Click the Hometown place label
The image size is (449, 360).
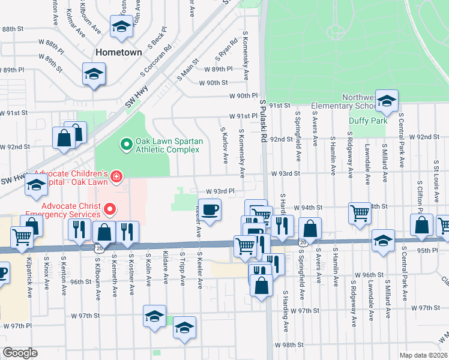click(119, 53)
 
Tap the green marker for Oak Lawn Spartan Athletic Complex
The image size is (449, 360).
click(126, 145)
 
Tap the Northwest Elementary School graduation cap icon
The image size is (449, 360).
click(387, 101)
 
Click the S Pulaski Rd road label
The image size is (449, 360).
click(262, 121)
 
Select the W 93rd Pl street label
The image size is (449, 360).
click(220, 191)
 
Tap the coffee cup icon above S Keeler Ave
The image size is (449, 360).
click(209, 210)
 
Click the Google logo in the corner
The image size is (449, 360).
click(20, 353)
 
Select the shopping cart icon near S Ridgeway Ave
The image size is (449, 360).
click(360, 212)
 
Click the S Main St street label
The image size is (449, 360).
click(184, 71)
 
